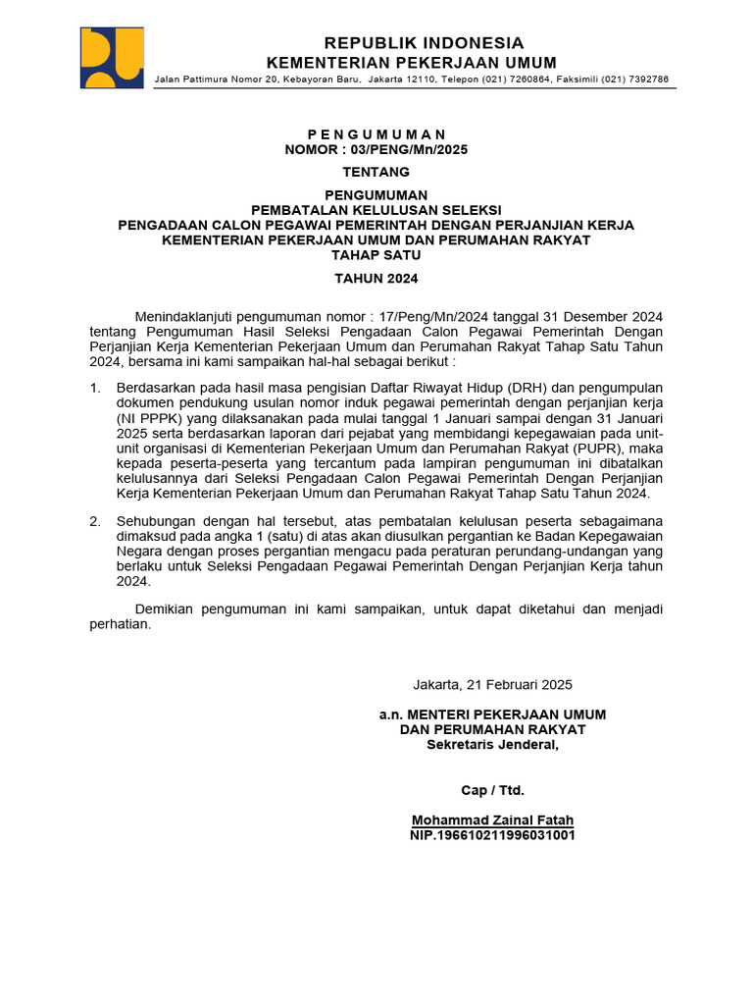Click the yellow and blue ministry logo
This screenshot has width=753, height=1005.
[x=112, y=58]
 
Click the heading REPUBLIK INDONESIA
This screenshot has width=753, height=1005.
[x=424, y=43]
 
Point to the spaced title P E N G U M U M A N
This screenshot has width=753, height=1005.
[x=376, y=134]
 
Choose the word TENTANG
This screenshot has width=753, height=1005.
[x=376, y=172]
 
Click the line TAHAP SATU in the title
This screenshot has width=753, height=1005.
[x=376, y=255]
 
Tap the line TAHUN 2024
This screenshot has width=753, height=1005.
[x=376, y=279]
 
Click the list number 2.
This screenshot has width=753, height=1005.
[x=94, y=520]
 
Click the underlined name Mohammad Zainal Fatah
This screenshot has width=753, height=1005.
[x=492, y=820]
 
